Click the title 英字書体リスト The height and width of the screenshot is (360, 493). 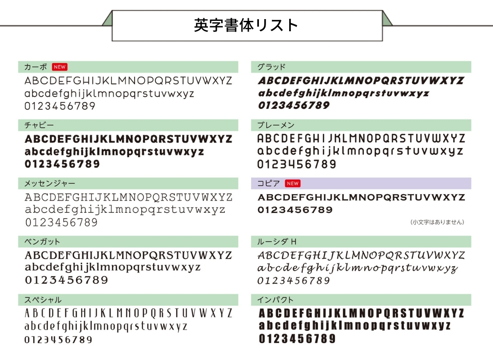pos(246,25)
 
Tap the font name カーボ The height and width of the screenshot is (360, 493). pos(36,67)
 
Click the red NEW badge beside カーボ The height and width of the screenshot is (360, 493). pos(60,67)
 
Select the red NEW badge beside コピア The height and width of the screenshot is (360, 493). pos(293,184)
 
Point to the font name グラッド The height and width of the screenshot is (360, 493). pos(271,67)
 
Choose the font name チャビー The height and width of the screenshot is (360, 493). pos(39,125)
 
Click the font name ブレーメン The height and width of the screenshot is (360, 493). pos(276,125)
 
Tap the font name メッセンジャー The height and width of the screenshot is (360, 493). pos(50,184)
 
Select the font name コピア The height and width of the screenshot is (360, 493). pos(269,184)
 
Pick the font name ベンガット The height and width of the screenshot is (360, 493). pos(42,242)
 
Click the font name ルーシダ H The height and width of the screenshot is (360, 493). pos(277,242)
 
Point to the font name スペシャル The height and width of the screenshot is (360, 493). pos(43,300)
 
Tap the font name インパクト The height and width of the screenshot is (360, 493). pos(275,300)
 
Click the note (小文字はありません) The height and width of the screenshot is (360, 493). pos(437,222)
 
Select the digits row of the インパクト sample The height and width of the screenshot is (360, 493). pos(298,339)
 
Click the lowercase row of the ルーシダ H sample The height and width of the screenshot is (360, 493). pos(358,268)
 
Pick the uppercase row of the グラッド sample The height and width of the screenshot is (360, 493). pos(361,80)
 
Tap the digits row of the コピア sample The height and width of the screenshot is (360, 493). pos(295,210)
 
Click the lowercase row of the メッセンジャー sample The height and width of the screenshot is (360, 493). pos(125,210)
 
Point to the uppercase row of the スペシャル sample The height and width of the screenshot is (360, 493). pos(128,313)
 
